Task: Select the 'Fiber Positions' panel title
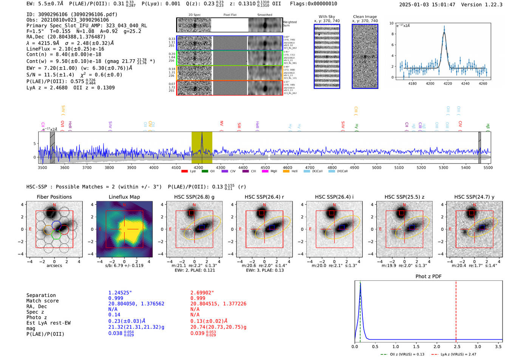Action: (54, 197)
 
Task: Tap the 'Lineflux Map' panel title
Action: (124, 197)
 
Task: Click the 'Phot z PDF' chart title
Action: (428, 276)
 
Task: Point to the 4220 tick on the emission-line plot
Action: (448, 83)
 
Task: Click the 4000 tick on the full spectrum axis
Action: (154, 167)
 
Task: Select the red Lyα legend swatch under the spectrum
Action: (184, 172)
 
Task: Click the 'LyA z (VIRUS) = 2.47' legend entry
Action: (454, 354)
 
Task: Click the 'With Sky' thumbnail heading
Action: (327, 17)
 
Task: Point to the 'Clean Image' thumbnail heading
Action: (365, 17)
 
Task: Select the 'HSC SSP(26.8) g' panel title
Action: (194, 197)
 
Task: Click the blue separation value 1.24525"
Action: (120, 293)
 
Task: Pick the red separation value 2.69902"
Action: (202, 293)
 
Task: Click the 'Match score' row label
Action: (42, 301)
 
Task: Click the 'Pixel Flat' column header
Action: (230, 15)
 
